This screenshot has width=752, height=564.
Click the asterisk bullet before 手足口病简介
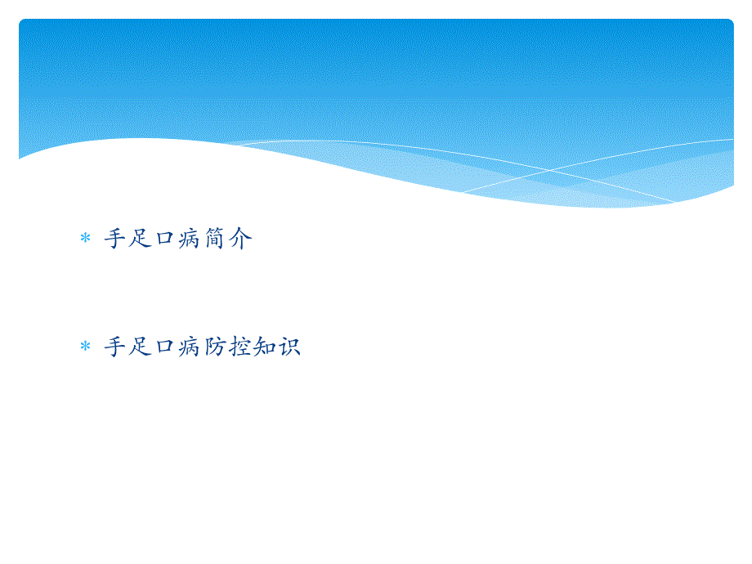pyautogui.click(x=84, y=239)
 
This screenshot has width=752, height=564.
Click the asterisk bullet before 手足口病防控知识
pyautogui.click(x=84, y=347)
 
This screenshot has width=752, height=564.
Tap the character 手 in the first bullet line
pyautogui.click(x=115, y=239)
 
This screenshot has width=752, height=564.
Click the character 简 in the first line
pyautogui.click(x=215, y=239)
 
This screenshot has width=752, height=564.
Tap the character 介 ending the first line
pyautogui.click(x=240, y=239)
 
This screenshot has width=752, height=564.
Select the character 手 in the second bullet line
pyautogui.click(x=115, y=347)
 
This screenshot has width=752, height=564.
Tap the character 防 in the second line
pyautogui.click(x=215, y=347)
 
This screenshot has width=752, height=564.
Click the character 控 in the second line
pyautogui.click(x=240, y=347)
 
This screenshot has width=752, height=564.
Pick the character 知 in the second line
pyautogui.click(x=265, y=347)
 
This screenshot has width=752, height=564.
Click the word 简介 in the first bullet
pyautogui.click(x=228, y=239)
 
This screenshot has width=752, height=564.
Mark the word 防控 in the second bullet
pyautogui.click(x=228, y=347)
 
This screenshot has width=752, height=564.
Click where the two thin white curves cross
pyautogui.click(x=549, y=170)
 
